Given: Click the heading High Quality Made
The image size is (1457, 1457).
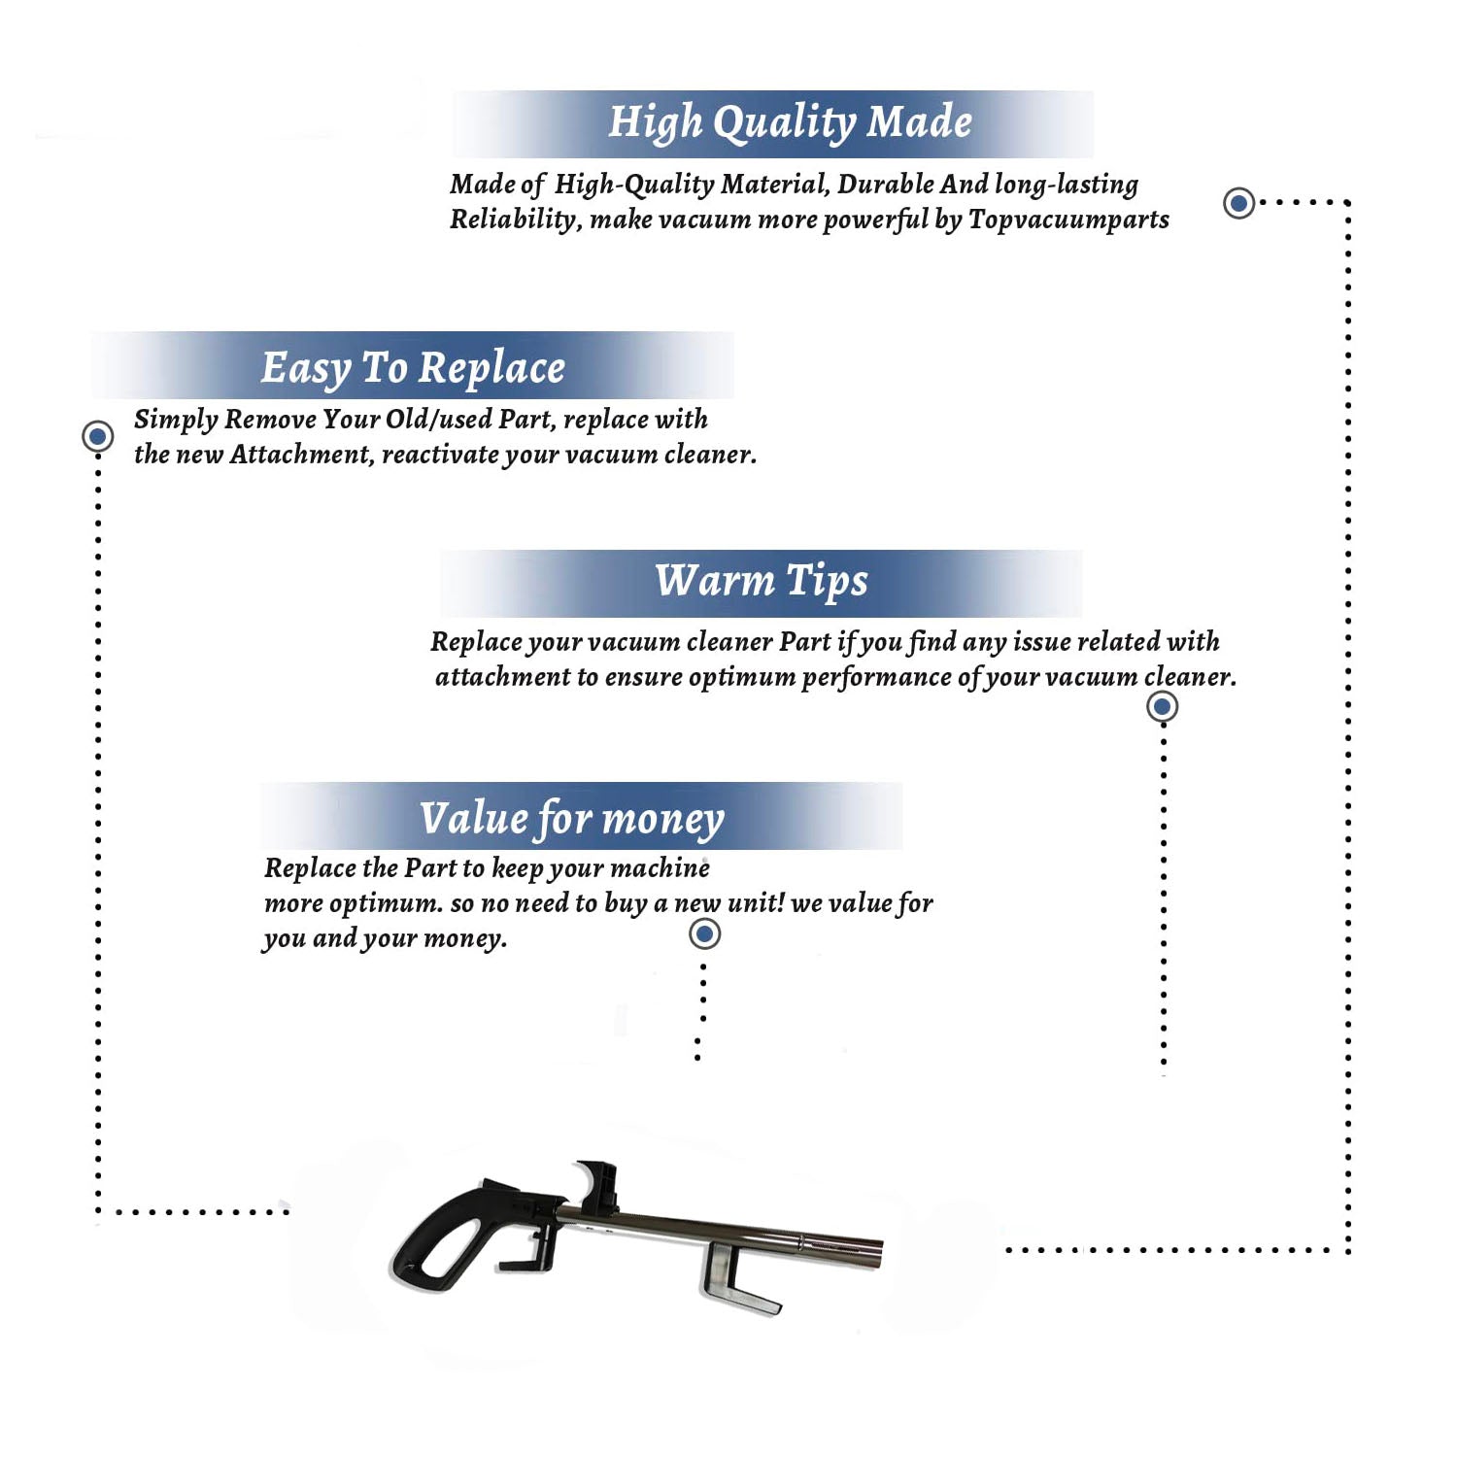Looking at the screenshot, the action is click(x=790, y=123).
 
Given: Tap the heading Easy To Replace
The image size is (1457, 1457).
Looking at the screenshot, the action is click(x=413, y=368).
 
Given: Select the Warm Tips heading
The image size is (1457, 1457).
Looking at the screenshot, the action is click(x=762, y=581).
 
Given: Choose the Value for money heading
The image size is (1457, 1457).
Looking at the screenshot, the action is click(x=572, y=818).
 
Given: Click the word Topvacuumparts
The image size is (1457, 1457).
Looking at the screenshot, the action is click(x=1068, y=220).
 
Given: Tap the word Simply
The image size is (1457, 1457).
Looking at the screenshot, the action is click(x=176, y=420).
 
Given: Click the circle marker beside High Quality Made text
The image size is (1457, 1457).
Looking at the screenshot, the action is click(x=1238, y=203).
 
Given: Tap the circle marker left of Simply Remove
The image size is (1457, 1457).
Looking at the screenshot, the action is click(x=97, y=436).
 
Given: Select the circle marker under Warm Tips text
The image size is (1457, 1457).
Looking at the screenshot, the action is click(x=1163, y=706).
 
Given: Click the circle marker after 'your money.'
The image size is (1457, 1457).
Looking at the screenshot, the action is click(x=704, y=934).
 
